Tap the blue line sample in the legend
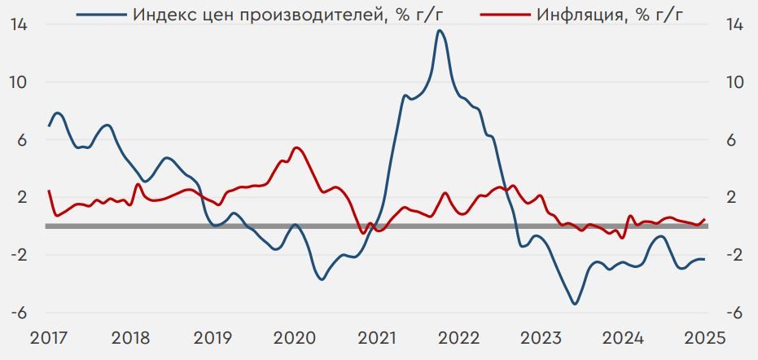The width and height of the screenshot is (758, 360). pos(103,15)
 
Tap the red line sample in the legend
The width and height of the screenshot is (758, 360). pos(506,15)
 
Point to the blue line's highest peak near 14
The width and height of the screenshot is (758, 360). pos(440,31)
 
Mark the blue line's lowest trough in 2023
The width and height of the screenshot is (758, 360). pos(575,304)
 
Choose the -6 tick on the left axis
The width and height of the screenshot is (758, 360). pos(21,314)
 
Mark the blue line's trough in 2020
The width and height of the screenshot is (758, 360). pos(322,279)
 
